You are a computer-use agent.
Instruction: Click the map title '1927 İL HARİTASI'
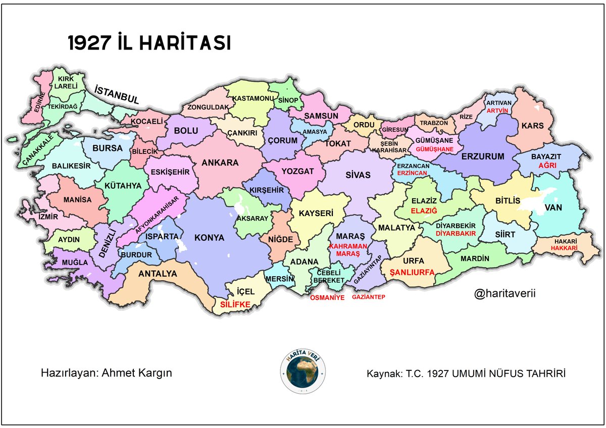click(x=149, y=43)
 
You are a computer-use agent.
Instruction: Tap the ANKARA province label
click(x=220, y=163)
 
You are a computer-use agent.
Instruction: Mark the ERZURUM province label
click(x=483, y=156)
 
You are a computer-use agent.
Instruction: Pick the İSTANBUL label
click(x=117, y=95)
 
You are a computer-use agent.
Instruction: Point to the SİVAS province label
click(x=358, y=175)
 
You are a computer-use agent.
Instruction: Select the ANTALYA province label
click(x=158, y=274)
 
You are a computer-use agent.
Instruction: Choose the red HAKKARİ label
click(x=563, y=248)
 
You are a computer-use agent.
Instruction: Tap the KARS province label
click(x=533, y=126)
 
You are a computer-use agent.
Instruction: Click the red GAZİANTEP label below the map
click(x=369, y=297)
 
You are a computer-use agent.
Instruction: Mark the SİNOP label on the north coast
click(x=288, y=100)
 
